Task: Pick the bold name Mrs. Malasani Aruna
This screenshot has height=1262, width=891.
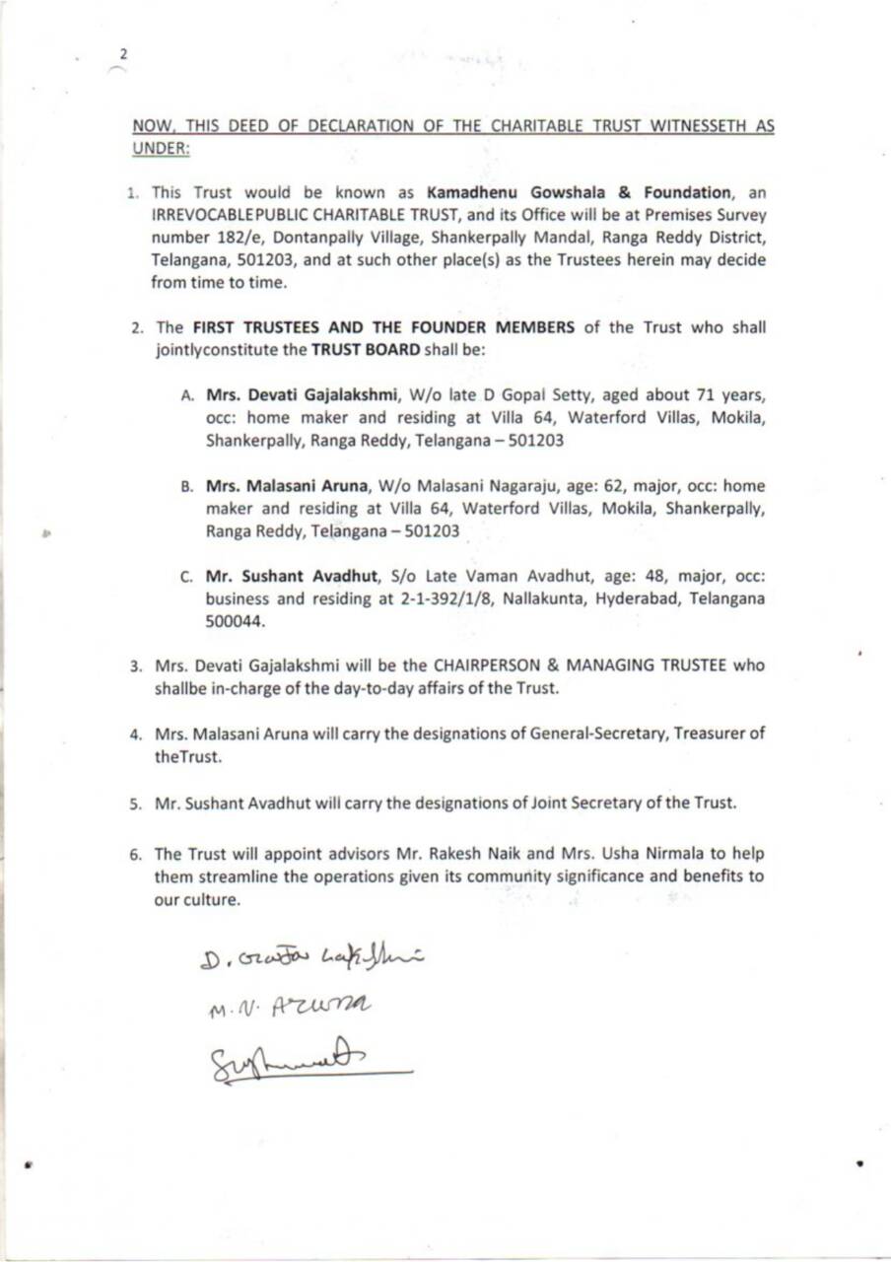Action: coord(275,486)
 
